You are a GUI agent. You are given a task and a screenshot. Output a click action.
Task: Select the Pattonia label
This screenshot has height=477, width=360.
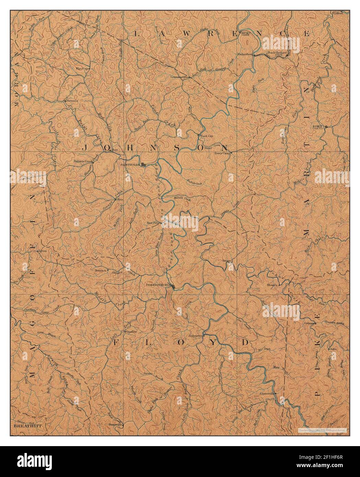tap(72, 101)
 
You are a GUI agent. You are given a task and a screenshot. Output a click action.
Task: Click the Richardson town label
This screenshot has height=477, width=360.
tap(245, 54)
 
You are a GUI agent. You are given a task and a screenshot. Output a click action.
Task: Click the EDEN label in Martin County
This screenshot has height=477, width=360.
tap(317, 126)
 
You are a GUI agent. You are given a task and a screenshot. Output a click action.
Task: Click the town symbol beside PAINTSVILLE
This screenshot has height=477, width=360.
tap(144, 165)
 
